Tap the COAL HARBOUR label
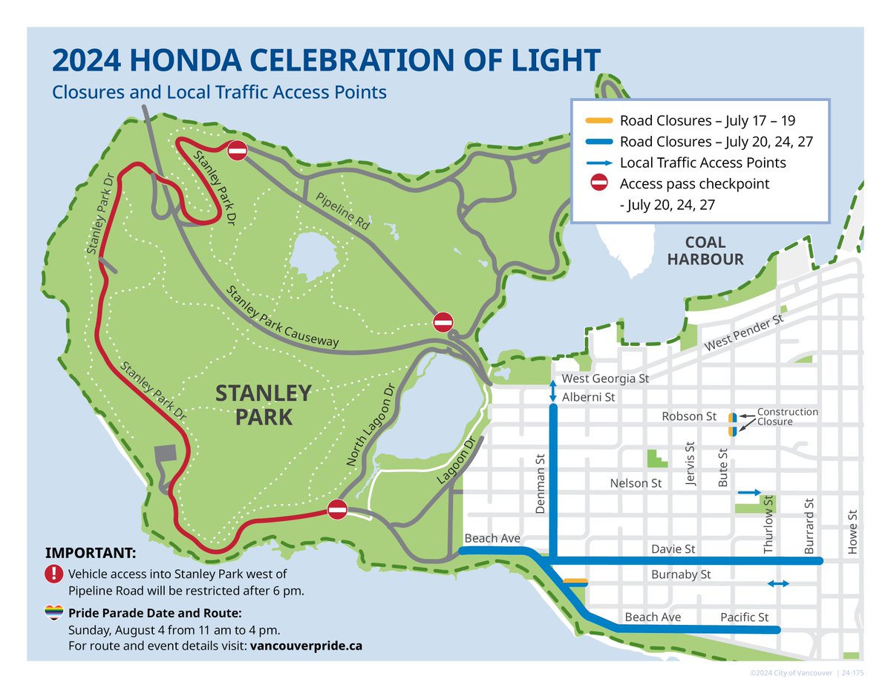(x=705, y=251)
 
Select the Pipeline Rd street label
(x=344, y=215)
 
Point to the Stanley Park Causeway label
(x=283, y=317)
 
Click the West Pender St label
(x=744, y=333)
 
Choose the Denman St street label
(x=540, y=483)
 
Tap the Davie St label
(x=673, y=549)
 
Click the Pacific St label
(x=744, y=617)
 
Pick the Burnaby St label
(x=681, y=574)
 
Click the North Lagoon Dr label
(x=372, y=425)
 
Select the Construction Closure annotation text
(x=787, y=416)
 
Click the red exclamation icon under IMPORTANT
(x=54, y=574)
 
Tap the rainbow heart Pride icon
(x=54, y=612)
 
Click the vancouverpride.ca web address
(x=307, y=646)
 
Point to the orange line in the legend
(x=598, y=120)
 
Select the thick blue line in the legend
(x=598, y=142)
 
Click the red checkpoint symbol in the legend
(x=598, y=184)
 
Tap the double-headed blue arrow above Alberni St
(x=552, y=392)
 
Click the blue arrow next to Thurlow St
(x=749, y=492)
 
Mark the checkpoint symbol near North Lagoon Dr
(x=337, y=510)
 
